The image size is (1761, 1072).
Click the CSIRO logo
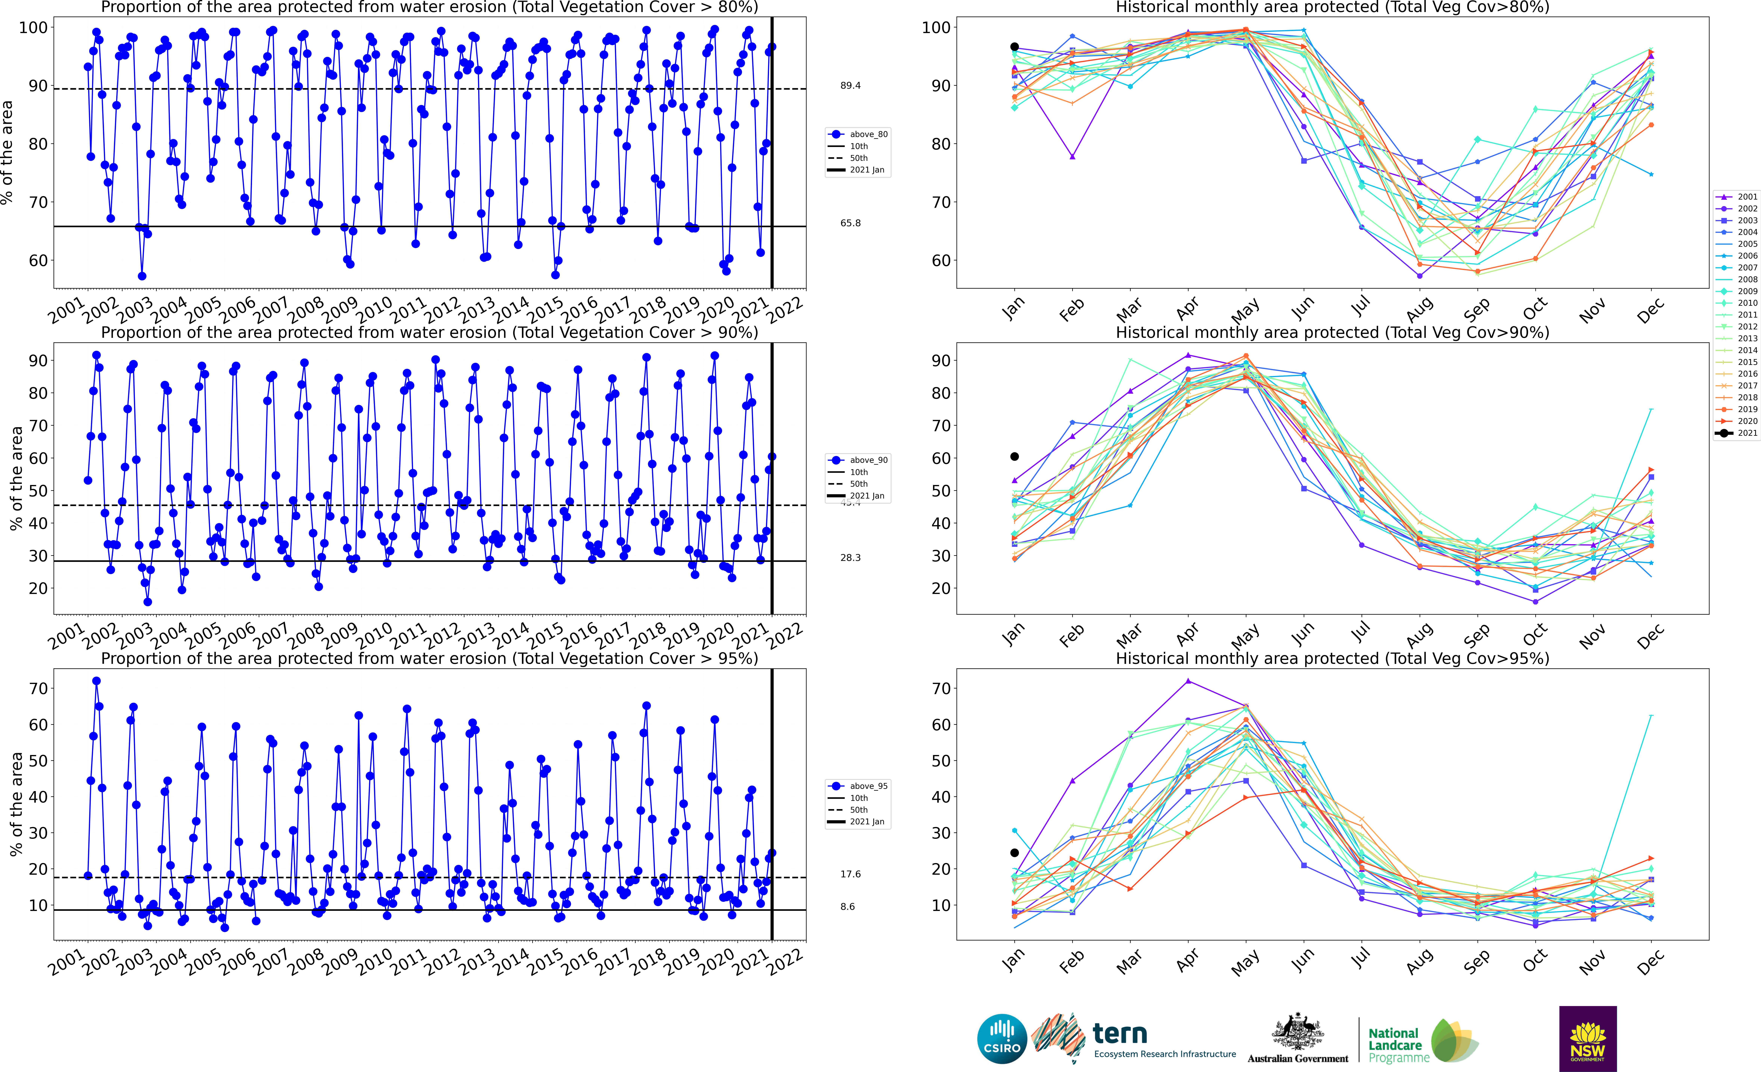tap(1002, 1038)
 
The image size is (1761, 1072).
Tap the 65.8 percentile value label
tap(851, 223)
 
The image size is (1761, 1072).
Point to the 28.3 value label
tap(851, 558)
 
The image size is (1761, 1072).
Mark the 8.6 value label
tap(848, 906)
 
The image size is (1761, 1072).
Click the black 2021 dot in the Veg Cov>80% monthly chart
tap(1014, 47)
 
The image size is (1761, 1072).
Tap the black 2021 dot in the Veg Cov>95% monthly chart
tap(1014, 853)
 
